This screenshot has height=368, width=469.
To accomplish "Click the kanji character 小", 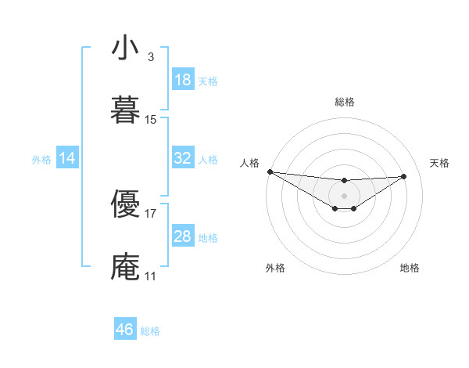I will point(125,49).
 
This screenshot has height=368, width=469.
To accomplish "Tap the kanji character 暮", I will point(125,110).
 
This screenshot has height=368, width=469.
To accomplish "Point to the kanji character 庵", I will point(125,267).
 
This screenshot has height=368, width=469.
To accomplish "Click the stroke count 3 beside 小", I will point(150,57).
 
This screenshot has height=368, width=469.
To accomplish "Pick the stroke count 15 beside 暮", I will point(151,120).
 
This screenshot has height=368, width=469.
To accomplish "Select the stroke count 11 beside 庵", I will point(151,276).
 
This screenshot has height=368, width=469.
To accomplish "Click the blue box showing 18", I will point(183,80).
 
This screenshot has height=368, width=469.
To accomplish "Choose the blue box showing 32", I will point(183,158).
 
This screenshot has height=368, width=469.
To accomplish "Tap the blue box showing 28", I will point(183,236).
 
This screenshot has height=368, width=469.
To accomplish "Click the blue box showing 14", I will point(67,158).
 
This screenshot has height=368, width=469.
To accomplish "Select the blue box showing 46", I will point(125,330).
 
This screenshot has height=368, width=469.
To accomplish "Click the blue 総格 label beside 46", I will point(150,331).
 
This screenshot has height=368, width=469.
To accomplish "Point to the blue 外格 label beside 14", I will point(41,160).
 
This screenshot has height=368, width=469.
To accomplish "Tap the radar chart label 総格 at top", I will point(344,102).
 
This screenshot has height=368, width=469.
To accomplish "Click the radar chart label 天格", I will point(439,163).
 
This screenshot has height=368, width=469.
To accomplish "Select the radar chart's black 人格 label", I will point(249,163).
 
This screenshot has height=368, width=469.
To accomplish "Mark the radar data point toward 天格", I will point(404,176).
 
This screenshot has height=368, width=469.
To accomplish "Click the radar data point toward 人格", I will point(270,171).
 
